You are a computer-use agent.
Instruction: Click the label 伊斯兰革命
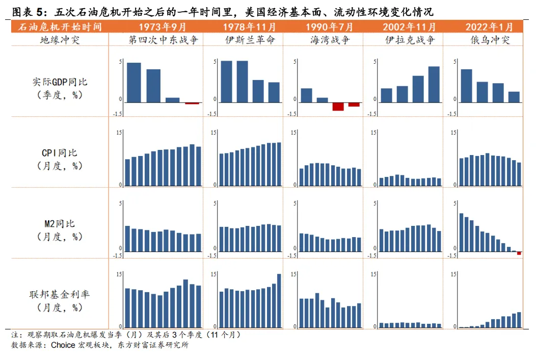tap(250, 40)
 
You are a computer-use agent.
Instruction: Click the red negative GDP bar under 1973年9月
tap(192, 104)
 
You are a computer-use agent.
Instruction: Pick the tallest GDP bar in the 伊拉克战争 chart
tap(434, 85)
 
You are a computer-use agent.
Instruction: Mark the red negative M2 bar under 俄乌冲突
tap(519, 253)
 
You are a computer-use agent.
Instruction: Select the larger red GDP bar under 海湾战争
tap(338, 106)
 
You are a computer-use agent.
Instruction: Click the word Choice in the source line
tap(63, 345)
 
